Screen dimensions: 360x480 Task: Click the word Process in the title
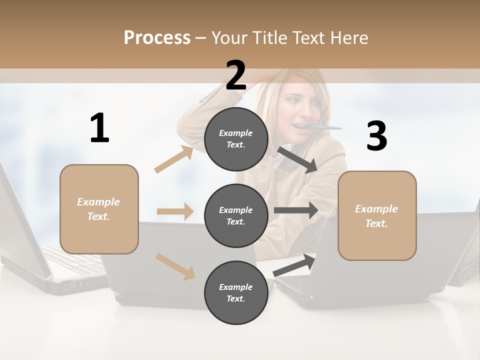point(157,38)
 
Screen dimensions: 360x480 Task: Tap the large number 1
point(99,128)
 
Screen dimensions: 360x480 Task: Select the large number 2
point(236,75)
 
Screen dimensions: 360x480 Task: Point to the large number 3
point(376,136)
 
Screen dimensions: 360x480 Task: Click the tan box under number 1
point(99,209)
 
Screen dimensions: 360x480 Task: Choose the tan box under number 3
point(377,216)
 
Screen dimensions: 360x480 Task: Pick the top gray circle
point(236,139)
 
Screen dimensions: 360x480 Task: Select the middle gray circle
point(236,215)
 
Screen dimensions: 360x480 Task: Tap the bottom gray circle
point(236,292)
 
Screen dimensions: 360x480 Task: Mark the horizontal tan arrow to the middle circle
point(175,211)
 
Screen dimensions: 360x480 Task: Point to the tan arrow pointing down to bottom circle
point(175,266)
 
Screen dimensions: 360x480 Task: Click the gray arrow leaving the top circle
point(297,159)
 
